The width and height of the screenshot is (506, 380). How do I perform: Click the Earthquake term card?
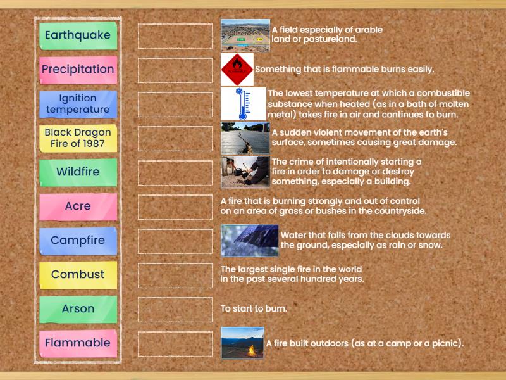click(78, 35)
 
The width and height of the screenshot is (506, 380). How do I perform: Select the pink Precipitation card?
click(78, 70)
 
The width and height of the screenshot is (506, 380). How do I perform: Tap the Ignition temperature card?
click(78, 104)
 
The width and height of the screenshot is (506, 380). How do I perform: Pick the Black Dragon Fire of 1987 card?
click(78, 138)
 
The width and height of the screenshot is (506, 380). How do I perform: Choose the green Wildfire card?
click(78, 172)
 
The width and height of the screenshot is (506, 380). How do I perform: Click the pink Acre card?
click(78, 206)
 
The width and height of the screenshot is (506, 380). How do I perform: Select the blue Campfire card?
click(78, 241)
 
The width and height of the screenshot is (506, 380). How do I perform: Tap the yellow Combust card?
click(78, 275)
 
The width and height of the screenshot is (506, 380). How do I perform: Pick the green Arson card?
click(78, 309)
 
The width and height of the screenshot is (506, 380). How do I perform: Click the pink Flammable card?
click(78, 343)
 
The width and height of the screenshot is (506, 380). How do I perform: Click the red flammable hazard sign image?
click(237, 70)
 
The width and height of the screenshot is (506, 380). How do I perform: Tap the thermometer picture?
click(244, 104)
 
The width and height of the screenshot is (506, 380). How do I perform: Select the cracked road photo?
click(245, 138)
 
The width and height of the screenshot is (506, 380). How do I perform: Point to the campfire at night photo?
click(242, 343)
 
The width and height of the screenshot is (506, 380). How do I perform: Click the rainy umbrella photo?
click(249, 241)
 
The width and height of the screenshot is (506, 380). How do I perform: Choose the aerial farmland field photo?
click(245, 35)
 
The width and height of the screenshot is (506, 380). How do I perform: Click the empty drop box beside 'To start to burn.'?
click(175, 309)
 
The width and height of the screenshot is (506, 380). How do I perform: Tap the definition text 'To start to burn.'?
click(254, 309)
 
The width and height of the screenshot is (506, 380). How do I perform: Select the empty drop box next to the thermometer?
click(175, 104)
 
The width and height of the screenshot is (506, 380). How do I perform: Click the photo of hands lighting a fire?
click(245, 172)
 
